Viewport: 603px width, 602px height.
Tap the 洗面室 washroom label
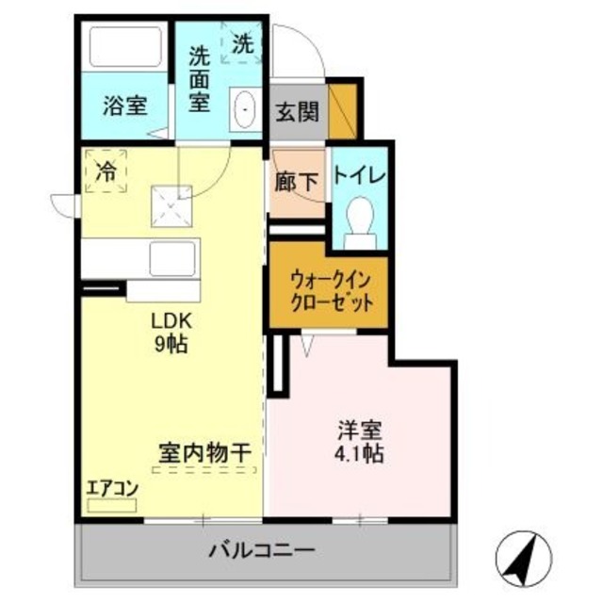coord(199,79)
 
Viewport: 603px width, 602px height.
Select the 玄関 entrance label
coord(296,112)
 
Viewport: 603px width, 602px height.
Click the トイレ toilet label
coord(359,175)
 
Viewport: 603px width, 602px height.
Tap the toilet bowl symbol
coord(358,222)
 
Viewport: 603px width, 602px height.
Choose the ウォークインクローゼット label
coord(326,292)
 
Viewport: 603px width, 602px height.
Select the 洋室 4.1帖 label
coord(360,442)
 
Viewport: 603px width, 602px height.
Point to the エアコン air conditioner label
coord(113,489)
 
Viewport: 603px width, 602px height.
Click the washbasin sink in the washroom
coord(245,111)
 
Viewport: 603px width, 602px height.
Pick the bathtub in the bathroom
coord(123,47)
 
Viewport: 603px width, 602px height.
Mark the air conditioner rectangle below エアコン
coord(112,505)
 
